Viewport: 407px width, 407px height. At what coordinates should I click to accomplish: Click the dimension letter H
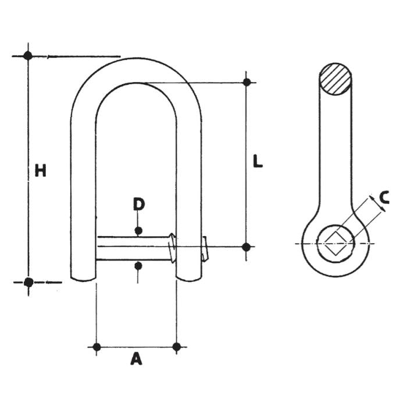pos(41,170)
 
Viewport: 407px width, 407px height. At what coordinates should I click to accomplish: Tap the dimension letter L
pos(258,161)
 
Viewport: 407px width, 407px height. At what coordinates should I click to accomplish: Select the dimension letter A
pos(136,359)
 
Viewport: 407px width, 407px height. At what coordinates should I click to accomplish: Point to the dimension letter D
pos(139,203)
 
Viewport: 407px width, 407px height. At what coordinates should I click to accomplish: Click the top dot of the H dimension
pos(28,56)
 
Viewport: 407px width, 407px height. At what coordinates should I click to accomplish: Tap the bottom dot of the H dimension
pos(28,282)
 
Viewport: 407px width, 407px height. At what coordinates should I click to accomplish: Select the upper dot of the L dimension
pos(247,83)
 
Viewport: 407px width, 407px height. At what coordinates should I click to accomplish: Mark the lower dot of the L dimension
pos(246,247)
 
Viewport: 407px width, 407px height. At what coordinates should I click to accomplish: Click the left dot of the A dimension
pos(97,347)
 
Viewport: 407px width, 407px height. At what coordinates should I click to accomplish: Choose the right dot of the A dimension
pos(177,347)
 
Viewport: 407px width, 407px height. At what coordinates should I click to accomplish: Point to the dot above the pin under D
pos(138,230)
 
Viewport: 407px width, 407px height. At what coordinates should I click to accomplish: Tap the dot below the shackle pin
pos(138,266)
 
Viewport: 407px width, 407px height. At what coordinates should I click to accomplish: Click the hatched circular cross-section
pos(335,79)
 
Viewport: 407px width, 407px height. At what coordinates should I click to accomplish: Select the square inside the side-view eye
pos(335,243)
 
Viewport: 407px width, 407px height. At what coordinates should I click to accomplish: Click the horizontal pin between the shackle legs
pos(135,248)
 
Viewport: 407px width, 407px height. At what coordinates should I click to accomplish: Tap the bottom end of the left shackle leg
pos(83,280)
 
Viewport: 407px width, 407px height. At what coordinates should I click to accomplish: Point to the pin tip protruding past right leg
pos(205,249)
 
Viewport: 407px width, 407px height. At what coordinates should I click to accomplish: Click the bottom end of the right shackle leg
pos(189,280)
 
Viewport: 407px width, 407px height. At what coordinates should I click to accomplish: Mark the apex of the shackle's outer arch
pos(135,58)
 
